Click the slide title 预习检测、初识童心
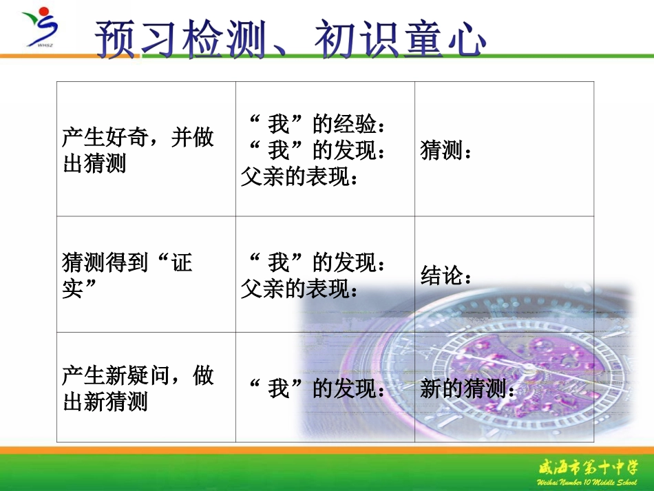(290, 38)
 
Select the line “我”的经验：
(316, 125)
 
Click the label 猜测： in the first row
(447, 151)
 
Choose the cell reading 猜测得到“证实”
(127, 275)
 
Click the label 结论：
(447, 276)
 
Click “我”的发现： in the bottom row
(316, 389)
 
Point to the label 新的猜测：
(468, 389)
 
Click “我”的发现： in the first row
(316, 151)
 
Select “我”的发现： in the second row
(316, 263)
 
